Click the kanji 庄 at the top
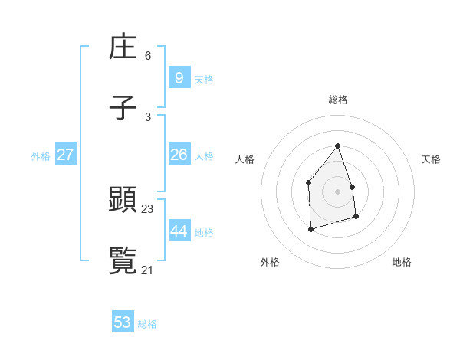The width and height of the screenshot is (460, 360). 123,49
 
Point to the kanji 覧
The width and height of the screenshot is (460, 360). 123,260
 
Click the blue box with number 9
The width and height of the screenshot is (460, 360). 179,77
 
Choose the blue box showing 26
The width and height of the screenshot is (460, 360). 179,155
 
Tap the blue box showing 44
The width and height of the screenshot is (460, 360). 179,231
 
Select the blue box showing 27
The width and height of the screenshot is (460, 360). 65,155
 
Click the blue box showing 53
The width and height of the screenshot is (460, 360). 123,322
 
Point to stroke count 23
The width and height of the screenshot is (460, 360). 148,208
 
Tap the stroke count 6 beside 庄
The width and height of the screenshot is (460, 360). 148,56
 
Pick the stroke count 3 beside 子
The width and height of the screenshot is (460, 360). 148,117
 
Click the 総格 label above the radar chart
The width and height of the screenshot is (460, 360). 338,100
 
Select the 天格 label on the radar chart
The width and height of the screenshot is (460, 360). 431,159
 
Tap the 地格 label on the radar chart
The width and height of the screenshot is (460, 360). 402,262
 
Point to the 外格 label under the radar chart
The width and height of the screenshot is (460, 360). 270,262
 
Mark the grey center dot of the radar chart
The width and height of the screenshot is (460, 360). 337,191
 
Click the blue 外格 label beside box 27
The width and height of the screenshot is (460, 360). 41,156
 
